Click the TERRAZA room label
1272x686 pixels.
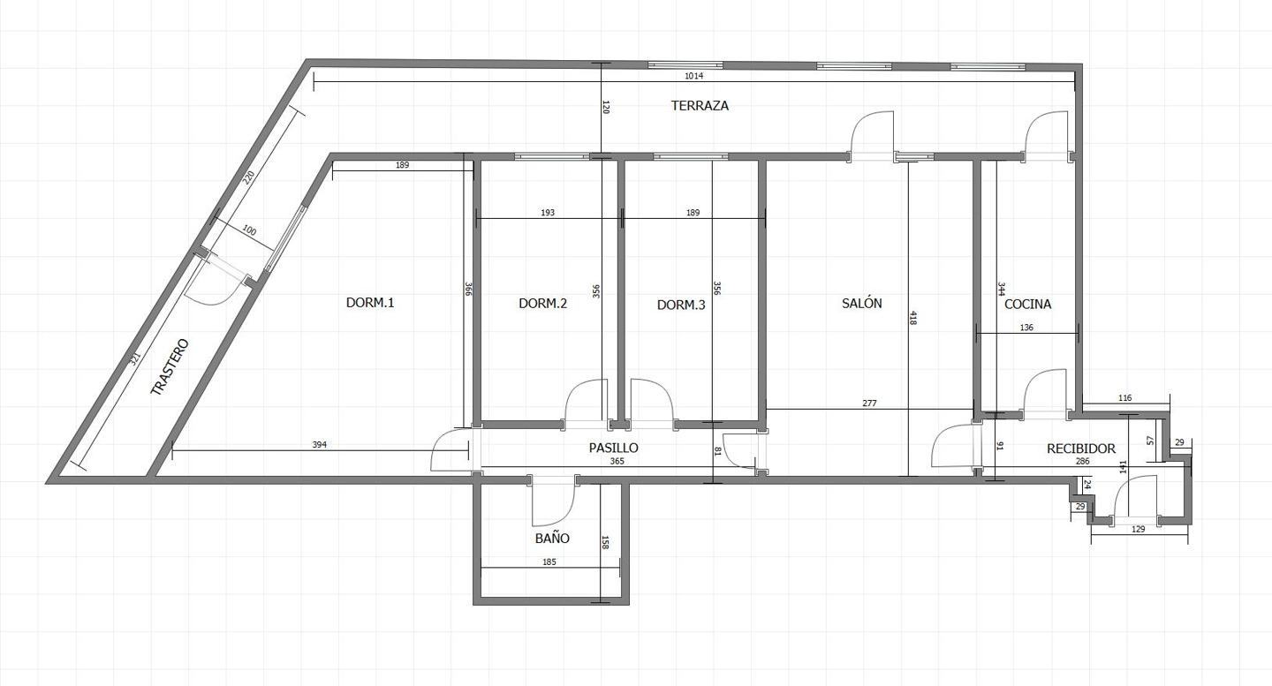[700, 106]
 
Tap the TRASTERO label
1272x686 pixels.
[170, 367]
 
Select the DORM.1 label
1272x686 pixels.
[369, 303]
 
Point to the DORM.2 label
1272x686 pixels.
[542, 304]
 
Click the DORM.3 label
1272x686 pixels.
[681, 305]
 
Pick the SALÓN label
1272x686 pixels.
[861, 303]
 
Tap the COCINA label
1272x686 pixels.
[1028, 304]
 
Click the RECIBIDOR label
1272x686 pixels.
[1080, 449]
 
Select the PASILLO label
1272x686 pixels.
[613, 448]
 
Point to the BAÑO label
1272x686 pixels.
[552, 538]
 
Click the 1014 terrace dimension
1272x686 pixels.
[693, 76]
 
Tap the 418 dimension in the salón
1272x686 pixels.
[912, 318]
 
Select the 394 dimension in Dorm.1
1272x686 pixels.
[320, 445]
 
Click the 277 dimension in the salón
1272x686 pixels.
[869, 403]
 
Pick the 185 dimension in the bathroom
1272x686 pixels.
[549, 562]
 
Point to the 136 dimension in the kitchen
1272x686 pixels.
[1026, 328]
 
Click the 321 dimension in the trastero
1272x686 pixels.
[134, 358]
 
